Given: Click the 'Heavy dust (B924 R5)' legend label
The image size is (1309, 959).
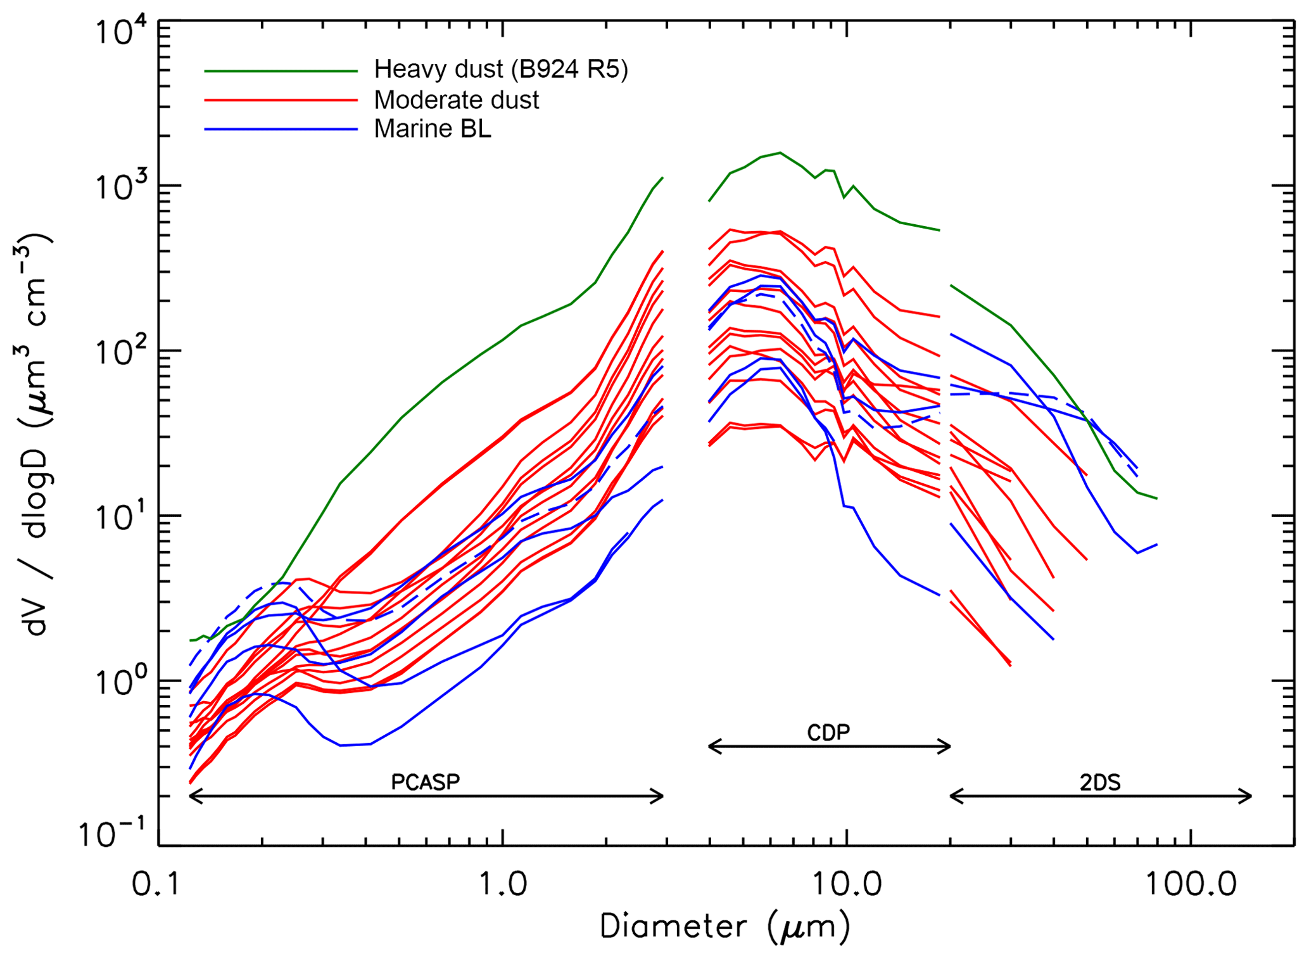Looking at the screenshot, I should [500, 70].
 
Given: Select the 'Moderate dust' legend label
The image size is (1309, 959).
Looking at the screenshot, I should [456, 100].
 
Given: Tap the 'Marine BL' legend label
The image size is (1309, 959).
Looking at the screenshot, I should [433, 129].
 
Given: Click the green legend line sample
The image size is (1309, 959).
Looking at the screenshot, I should [281, 72].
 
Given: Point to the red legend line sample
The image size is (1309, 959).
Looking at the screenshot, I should [281, 100].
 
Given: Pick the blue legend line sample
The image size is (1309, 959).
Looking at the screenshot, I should [281, 130].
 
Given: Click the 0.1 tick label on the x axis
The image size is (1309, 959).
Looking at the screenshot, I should [158, 884].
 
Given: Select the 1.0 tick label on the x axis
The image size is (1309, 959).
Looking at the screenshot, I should [502, 884].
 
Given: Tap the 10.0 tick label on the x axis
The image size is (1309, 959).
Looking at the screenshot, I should [847, 884].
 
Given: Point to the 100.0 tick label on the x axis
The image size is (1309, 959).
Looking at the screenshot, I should [1191, 884].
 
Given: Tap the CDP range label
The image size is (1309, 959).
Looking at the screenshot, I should [828, 733].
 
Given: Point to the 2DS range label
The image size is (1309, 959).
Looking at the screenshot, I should [1100, 783].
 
